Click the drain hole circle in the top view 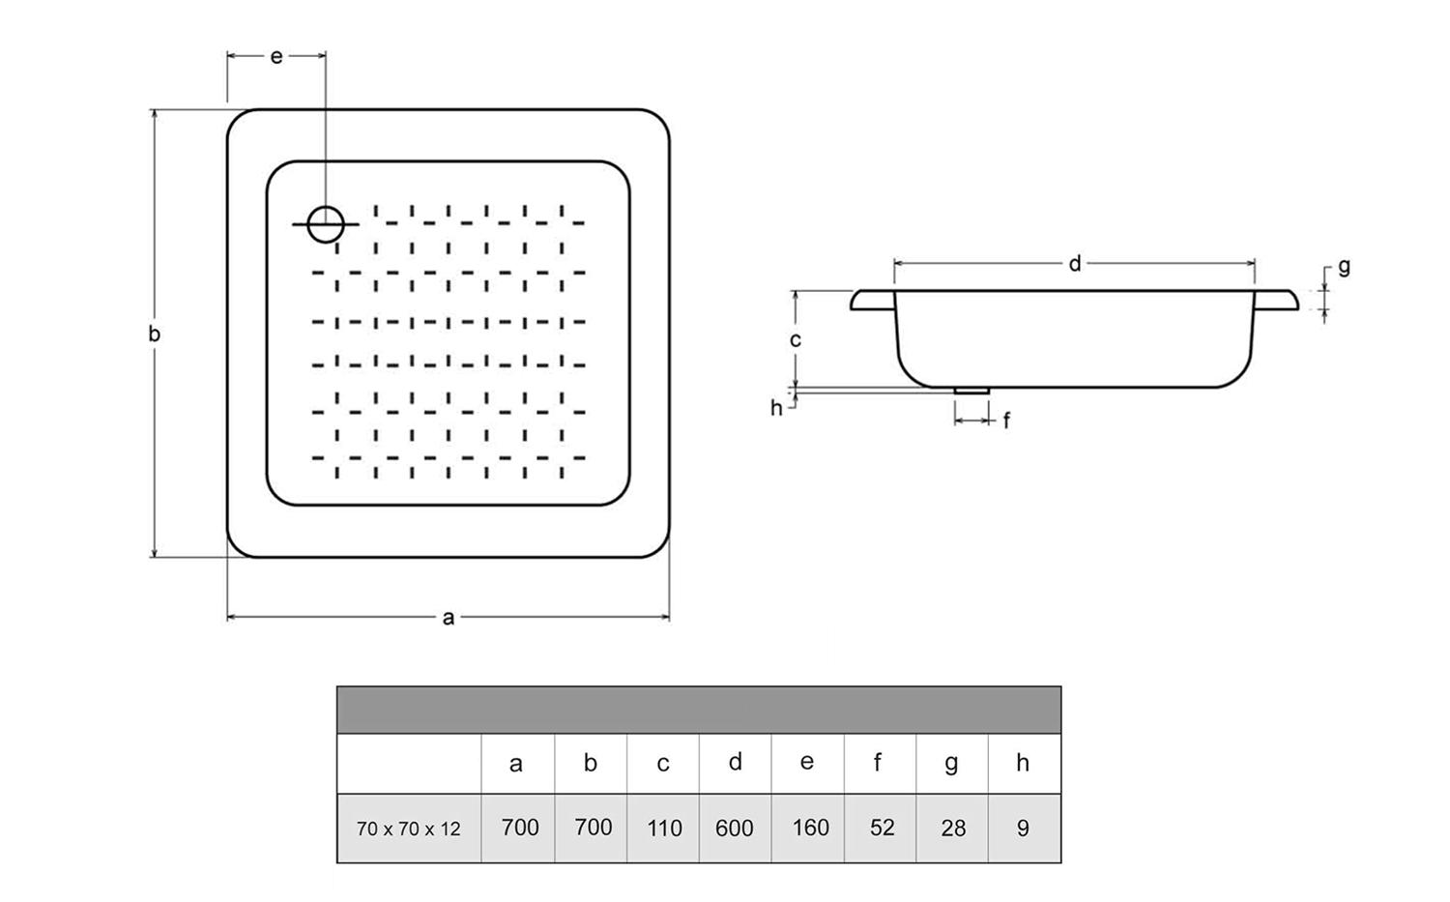[x=326, y=224]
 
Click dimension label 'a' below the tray [x=449, y=618]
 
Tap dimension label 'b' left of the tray [x=154, y=335]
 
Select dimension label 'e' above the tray [x=276, y=57]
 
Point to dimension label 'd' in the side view [x=1075, y=264]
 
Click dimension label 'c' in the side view [x=795, y=340]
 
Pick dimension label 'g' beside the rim [x=1344, y=268]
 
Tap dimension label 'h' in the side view [x=776, y=408]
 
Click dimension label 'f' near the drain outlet [x=1006, y=421]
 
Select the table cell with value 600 [x=735, y=829]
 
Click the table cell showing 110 [x=663, y=829]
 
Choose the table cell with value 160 [x=809, y=829]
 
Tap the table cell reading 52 [x=882, y=829]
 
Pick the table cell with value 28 [x=953, y=829]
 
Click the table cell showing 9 [x=1023, y=829]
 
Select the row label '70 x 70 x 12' [x=409, y=829]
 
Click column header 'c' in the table [x=663, y=764]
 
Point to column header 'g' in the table [x=952, y=764]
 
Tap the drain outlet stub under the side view [x=971, y=391]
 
